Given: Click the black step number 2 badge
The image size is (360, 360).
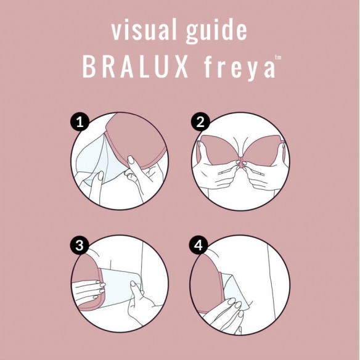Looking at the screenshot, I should click(x=198, y=122).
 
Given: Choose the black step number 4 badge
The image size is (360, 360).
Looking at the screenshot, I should click(x=198, y=245).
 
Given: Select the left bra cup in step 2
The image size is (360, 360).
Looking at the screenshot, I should click(x=219, y=148).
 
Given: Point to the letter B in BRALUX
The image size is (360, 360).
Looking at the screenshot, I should click(x=89, y=68).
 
